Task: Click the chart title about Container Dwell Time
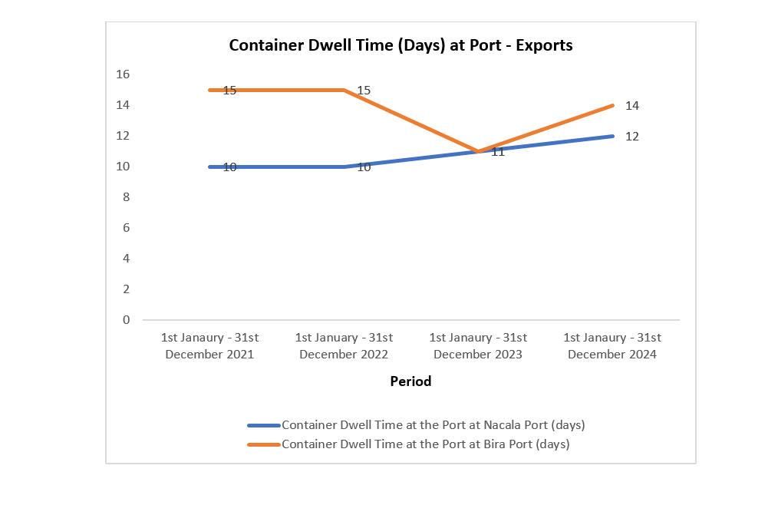click(400, 45)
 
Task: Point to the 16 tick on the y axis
click(123, 74)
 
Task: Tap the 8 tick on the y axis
click(126, 197)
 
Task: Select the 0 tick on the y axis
click(126, 320)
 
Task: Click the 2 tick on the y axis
click(126, 289)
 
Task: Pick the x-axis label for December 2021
click(209, 346)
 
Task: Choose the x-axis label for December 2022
click(344, 346)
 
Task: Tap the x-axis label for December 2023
click(478, 346)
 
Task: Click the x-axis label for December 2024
click(612, 346)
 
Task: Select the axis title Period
click(410, 381)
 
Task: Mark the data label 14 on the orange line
click(632, 106)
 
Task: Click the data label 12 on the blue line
click(632, 137)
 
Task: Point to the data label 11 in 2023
click(498, 152)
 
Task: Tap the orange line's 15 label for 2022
click(364, 91)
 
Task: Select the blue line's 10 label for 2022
click(364, 167)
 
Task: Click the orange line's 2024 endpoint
click(613, 105)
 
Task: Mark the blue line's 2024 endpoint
click(613, 136)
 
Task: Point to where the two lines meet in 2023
click(479, 151)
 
